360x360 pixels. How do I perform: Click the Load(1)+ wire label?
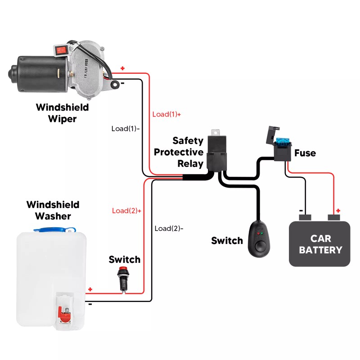(166, 114)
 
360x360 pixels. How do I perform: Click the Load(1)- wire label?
(126, 128)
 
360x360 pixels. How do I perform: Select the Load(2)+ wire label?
(126, 211)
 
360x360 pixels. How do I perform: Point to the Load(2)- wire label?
(169, 228)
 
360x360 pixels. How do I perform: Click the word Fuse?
(305, 153)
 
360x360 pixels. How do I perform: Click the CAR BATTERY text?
(320, 244)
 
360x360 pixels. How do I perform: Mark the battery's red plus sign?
(338, 210)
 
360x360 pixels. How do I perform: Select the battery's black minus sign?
(301, 210)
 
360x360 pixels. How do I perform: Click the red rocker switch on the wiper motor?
(61, 49)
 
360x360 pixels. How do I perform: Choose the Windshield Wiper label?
(62, 113)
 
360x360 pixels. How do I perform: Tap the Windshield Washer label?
(53, 210)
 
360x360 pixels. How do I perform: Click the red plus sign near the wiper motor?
(122, 68)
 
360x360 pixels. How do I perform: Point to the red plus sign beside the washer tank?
(90, 289)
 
